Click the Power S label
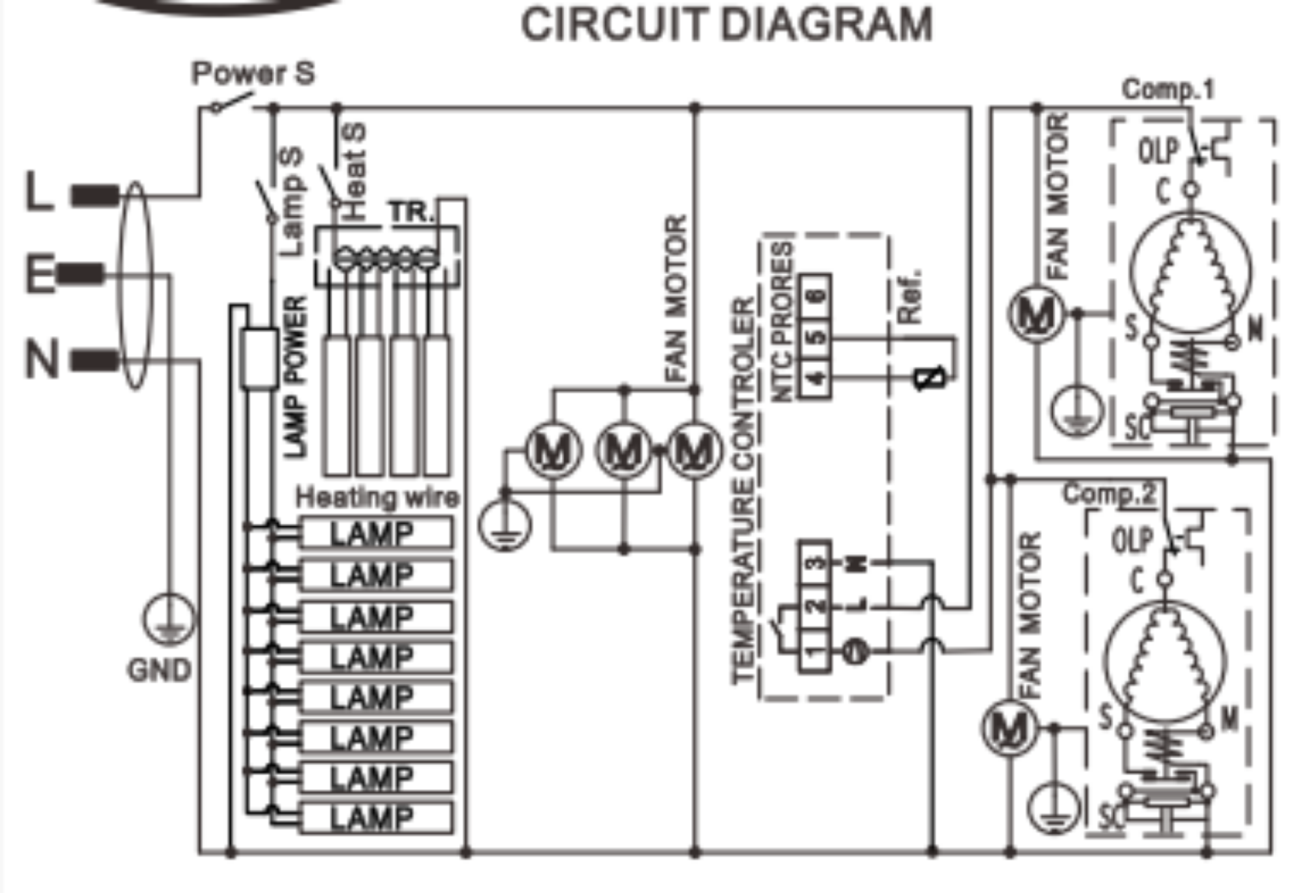[x=253, y=73]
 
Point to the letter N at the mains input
[x=42, y=358]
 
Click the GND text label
[x=160, y=670]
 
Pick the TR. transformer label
[x=411, y=212]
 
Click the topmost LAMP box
[x=376, y=533]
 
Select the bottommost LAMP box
[x=376, y=818]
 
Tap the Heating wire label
[x=377, y=498]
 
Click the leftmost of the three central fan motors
[x=553, y=450]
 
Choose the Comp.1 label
[x=1168, y=89]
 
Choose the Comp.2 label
[x=1110, y=494]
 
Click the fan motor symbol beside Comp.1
[x=1036, y=315]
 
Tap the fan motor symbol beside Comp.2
[x=1009, y=728]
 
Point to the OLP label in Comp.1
[x=1158, y=151]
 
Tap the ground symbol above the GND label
[x=169, y=619]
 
